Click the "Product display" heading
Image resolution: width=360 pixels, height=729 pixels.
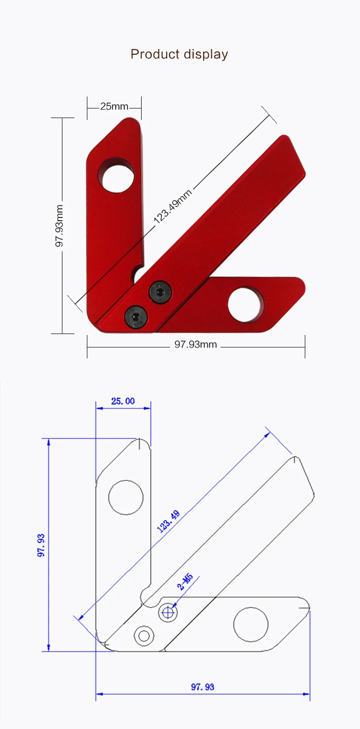coord(180,54)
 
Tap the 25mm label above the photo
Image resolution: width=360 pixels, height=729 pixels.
coord(114,107)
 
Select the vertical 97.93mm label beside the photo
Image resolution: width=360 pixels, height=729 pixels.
coord(59,226)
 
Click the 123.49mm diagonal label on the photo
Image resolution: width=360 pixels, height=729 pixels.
coord(172,207)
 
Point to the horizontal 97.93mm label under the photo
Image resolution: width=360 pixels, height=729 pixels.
coord(196,344)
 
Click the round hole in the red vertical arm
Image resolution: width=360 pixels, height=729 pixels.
coord(118,178)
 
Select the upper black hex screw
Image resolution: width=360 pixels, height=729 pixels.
coord(160,292)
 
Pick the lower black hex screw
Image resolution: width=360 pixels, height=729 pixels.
coord(136,316)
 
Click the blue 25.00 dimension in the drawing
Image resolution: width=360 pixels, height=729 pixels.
coord(123,401)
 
